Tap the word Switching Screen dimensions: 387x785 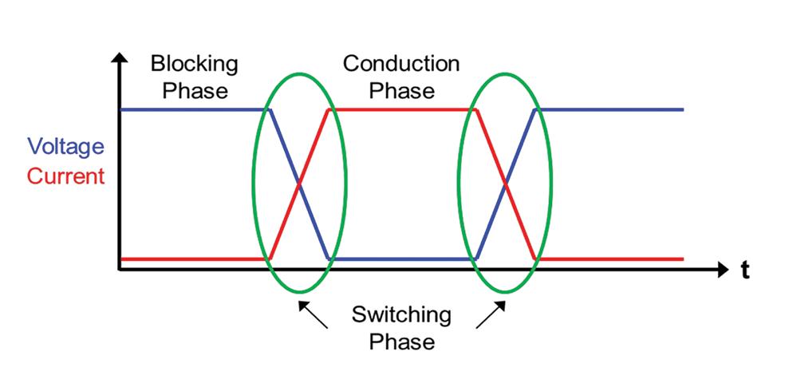401,314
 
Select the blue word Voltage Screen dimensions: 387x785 65,147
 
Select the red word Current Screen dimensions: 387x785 65,176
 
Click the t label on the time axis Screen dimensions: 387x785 745,271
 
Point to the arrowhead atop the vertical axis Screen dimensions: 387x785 120,60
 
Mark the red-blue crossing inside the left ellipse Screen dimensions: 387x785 299,184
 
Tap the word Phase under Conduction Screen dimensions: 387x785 401,89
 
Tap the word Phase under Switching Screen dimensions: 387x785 401,342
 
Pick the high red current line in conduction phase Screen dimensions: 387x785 401,109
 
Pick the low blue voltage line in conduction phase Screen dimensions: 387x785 401,259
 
